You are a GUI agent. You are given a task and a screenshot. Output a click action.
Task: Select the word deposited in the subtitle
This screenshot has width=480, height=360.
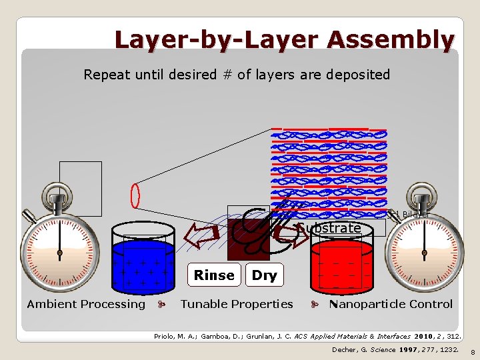click(x=358, y=75)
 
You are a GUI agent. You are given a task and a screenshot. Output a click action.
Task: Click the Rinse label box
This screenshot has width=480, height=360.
click(x=214, y=275)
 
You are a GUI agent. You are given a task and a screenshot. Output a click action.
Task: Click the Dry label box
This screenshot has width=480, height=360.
click(x=264, y=275)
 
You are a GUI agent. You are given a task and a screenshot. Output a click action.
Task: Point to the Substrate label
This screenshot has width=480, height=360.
click(x=329, y=228)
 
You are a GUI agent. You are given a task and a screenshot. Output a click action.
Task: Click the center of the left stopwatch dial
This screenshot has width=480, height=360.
click(x=59, y=253)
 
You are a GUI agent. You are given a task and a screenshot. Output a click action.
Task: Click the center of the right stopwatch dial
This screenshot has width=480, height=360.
click(x=421, y=253)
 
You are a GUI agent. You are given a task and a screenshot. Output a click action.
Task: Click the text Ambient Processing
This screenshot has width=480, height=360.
click(x=86, y=304)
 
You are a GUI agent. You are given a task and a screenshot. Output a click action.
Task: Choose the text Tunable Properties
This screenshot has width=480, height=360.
click(x=237, y=304)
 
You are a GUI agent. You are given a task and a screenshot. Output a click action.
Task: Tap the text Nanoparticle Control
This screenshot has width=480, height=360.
click(x=391, y=304)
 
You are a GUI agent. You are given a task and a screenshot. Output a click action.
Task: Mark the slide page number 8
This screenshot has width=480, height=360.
click(x=472, y=351)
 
